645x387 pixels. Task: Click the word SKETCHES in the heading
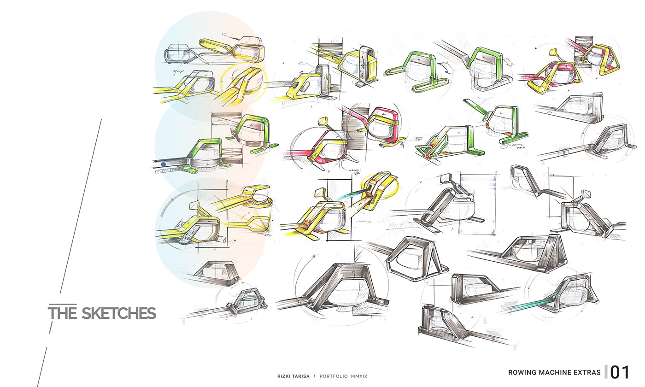coord(119,313)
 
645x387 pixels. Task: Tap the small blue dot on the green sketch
coord(163,164)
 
